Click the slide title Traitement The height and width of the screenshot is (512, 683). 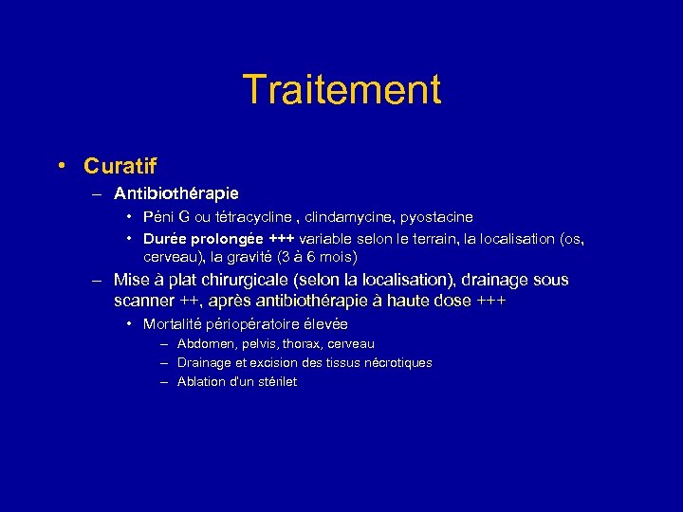341,90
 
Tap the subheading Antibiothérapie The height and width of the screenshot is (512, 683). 175,194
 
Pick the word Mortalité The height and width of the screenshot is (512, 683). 172,324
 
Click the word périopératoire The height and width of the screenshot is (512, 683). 249,324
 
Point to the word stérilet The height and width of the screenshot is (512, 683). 275,381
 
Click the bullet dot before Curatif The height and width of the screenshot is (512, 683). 61,166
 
